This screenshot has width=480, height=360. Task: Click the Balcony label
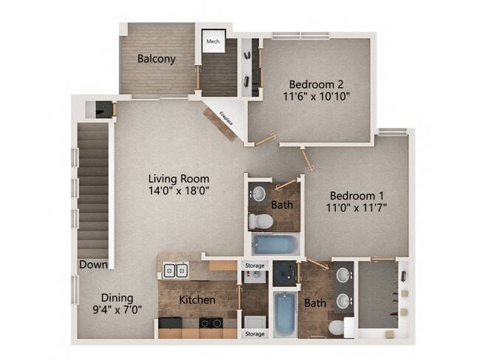point(156,58)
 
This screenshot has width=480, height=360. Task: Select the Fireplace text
point(226,120)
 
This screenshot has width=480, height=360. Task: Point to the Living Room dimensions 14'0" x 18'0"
point(179,190)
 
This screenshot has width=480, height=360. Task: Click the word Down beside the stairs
point(95,264)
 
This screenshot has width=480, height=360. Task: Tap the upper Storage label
point(254,266)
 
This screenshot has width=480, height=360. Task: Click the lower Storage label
point(254,333)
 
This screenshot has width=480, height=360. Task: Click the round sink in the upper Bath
point(258,194)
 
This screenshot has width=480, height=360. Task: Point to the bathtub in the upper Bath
point(275,244)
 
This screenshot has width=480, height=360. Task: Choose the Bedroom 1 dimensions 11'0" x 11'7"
point(358,207)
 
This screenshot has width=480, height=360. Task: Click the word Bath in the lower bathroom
point(315,303)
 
